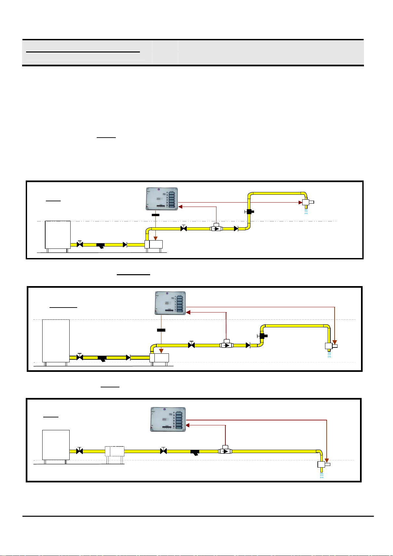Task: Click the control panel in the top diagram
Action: [x=162, y=199]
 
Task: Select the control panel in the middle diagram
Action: [x=170, y=303]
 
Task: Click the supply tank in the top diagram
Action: [x=58, y=235]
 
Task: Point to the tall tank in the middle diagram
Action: [x=56, y=341]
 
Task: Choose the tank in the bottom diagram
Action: [x=56, y=445]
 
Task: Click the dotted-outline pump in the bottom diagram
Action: [x=115, y=451]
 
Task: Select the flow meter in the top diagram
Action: [x=216, y=228]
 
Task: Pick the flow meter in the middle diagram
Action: [x=226, y=345]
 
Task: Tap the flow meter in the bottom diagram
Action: [x=225, y=450]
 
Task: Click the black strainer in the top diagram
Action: [x=101, y=245]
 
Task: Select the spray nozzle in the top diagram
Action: [x=306, y=202]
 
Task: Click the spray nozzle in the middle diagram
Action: [x=329, y=346]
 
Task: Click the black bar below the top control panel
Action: [x=155, y=215]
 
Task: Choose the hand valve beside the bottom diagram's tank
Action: [x=80, y=451]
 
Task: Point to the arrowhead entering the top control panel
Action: [x=180, y=207]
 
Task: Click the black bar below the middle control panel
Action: [x=161, y=330]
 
